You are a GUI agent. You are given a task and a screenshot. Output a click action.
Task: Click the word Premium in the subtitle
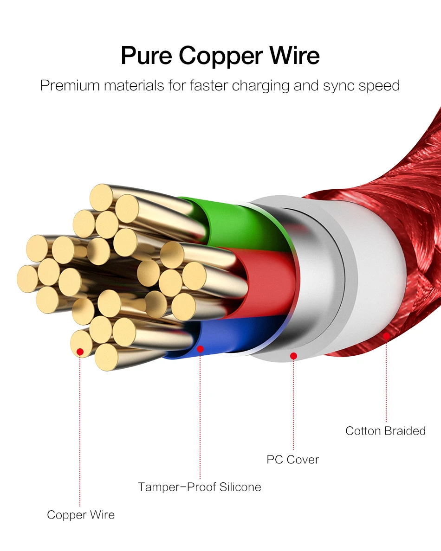pos(69,86)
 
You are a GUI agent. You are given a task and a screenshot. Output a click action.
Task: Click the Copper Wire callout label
pos(81,515)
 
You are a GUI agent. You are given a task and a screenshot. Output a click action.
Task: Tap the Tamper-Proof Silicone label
pos(199,487)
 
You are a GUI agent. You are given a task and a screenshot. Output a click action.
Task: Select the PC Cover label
pos(292,460)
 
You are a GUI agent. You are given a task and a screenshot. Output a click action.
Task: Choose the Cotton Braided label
pos(385,431)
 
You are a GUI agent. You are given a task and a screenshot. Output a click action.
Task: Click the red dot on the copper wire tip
pos(80,352)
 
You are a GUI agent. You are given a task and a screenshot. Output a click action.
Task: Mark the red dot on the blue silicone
pos(200,348)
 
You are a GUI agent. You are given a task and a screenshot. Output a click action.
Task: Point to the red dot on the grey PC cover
pos(293,356)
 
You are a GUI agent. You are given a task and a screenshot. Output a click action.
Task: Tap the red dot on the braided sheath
pos(386,335)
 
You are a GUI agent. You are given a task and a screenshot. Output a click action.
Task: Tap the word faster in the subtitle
pos(208,86)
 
